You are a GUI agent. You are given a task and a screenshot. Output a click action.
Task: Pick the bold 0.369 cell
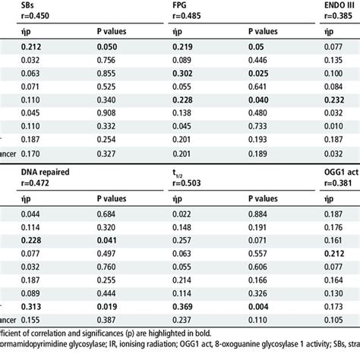[x=181, y=306]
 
